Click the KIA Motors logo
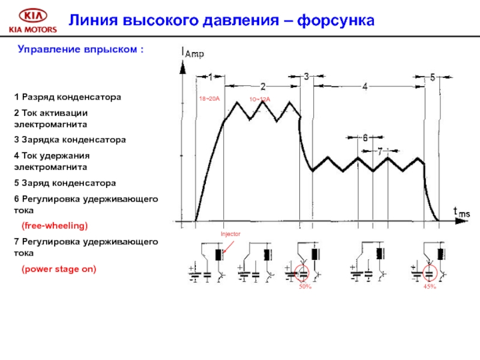pos(31,20)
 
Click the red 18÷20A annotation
pos(208,97)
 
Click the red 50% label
pos(305,287)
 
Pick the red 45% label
pos(429,287)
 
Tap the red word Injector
pos(230,234)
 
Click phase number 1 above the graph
pos(210,76)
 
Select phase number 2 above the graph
pos(263,86)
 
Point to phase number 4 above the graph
pos(365,86)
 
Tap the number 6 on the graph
pos(365,137)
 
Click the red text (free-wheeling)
pos(55,226)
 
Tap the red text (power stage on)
pos(59,269)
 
